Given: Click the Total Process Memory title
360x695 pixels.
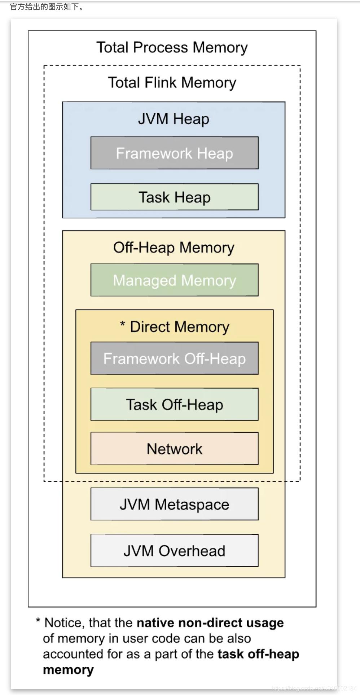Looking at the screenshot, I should [172, 48].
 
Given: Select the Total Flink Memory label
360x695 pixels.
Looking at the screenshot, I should [172, 83].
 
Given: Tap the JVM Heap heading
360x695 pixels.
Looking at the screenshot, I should [174, 119].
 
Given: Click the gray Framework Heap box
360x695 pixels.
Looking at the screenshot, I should [174, 153].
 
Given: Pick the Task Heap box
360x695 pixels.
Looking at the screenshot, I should [174, 197].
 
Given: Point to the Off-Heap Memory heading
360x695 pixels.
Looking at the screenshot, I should [174, 248].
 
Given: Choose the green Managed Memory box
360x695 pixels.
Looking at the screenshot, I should [174, 280].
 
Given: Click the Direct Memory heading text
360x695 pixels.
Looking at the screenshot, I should [179, 327].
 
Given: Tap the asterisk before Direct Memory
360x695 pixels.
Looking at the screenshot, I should [123, 324].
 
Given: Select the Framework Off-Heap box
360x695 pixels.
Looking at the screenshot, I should [174, 358].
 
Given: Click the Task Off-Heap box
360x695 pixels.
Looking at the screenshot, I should [174, 405].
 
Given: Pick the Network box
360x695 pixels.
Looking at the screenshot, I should [174, 449].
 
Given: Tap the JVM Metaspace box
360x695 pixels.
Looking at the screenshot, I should [174, 504].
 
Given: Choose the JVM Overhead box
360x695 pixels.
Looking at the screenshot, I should [174, 551].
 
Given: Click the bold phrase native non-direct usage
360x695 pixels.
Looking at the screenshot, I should [210, 623].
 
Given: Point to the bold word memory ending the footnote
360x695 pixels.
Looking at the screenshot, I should [68, 670].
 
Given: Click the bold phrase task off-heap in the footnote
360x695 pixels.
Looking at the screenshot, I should [258, 654].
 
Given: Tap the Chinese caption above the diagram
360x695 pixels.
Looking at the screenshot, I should [47, 6].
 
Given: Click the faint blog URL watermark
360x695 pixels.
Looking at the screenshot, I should [314, 689].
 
